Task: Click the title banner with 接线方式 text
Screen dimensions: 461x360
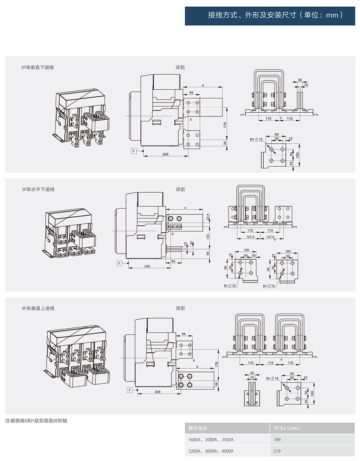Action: pos(270,16)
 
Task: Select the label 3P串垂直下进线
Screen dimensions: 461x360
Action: pos(38,67)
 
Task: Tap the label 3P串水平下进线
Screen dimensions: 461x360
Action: pos(38,189)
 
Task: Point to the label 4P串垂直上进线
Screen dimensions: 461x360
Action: pos(38,308)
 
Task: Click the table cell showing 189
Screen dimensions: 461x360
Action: pos(277,440)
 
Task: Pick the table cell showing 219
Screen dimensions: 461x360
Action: pos(277,451)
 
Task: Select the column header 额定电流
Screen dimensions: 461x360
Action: pos(198,428)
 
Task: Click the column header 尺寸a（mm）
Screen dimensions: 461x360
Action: pos(287,428)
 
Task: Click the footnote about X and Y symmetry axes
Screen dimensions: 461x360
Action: pos(36,420)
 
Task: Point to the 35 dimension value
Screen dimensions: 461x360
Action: pos(225,143)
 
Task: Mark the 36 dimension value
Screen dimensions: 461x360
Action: pos(216,383)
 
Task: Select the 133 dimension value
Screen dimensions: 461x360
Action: pos(208,236)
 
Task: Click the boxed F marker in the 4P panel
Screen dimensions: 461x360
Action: pos(130,391)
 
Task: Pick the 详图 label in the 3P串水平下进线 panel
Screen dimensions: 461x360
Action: pos(180,189)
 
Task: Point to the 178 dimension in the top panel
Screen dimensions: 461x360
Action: pos(225,125)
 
